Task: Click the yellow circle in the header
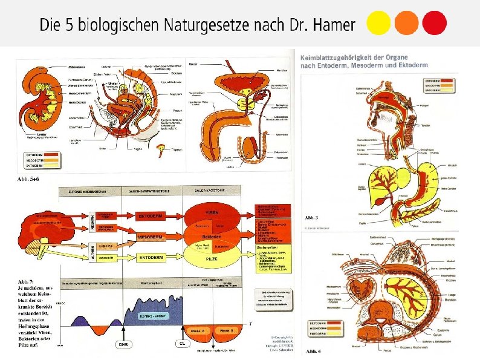pyautogui.click(x=379, y=24)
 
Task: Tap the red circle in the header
pyautogui.click(x=434, y=24)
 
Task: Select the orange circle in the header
pyautogui.click(x=406, y=24)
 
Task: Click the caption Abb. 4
pyautogui.click(x=313, y=352)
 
